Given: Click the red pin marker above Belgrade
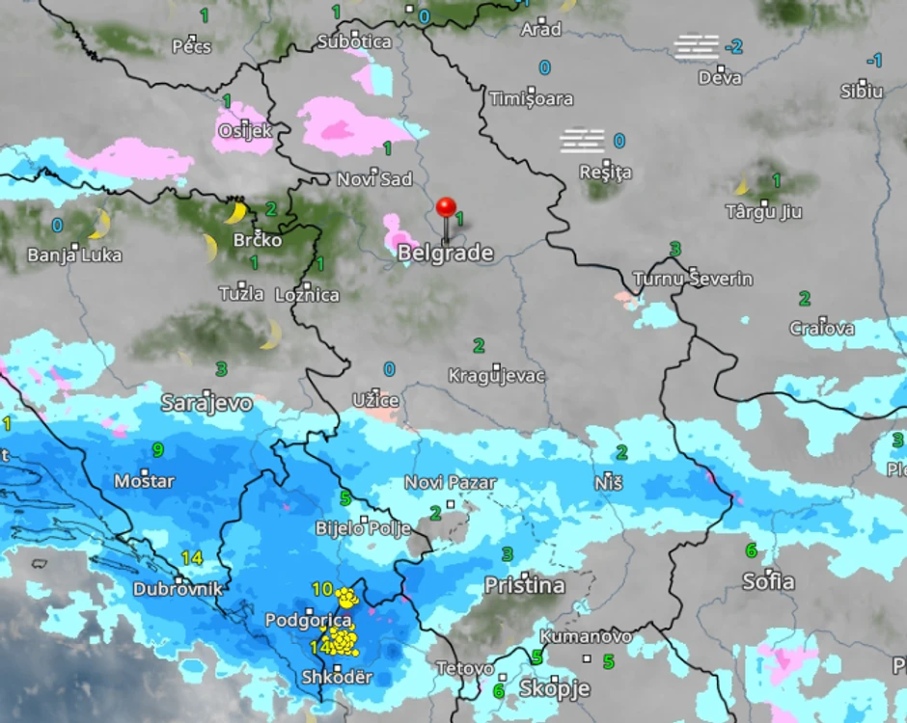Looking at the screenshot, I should (x=446, y=208).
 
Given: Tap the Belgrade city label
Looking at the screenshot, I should (x=446, y=254).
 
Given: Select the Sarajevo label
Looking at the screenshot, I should (x=206, y=402).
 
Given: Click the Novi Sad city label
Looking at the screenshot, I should (x=374, y=179).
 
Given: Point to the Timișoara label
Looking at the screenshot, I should (x=531, y=98).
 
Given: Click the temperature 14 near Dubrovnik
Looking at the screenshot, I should (x=191, y=557).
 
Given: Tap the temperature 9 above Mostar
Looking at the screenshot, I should (x=157, y=449).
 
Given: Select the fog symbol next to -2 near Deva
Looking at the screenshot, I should (x=697, y=45).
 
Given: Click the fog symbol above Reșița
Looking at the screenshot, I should (x=582, y=141).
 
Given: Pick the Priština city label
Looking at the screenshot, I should (x=524, y=585).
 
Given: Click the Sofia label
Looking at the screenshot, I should (x=768, y=581).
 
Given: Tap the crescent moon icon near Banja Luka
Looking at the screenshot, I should (x=99, y=225).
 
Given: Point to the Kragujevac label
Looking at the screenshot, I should (x=497, y=376).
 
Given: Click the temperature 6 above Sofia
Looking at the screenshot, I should (x=750, y=550).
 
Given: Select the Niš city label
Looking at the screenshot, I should (x=609, y=482).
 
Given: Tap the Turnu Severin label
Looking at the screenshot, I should (x=692, y=280).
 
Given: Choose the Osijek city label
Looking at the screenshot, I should (x=245, y=131).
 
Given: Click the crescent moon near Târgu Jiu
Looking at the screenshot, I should (x=743, y=185).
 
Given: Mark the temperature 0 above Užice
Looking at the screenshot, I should (x=389, y=369).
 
